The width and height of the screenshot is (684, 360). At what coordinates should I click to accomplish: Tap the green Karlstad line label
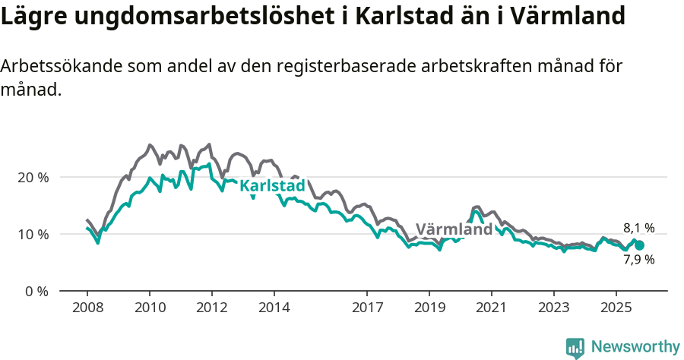[272, 186]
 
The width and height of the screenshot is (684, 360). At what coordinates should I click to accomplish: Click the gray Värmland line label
[454, 229]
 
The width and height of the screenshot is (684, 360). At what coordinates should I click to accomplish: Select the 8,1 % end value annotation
[638, 228]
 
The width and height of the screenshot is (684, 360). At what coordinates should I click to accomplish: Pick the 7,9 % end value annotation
[638, 260]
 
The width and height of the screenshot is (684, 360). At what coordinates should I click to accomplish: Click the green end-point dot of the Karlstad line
[639, 245]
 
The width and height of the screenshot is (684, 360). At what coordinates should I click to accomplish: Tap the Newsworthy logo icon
[575, 348]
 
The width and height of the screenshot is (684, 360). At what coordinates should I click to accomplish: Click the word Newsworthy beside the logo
[635, 347]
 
